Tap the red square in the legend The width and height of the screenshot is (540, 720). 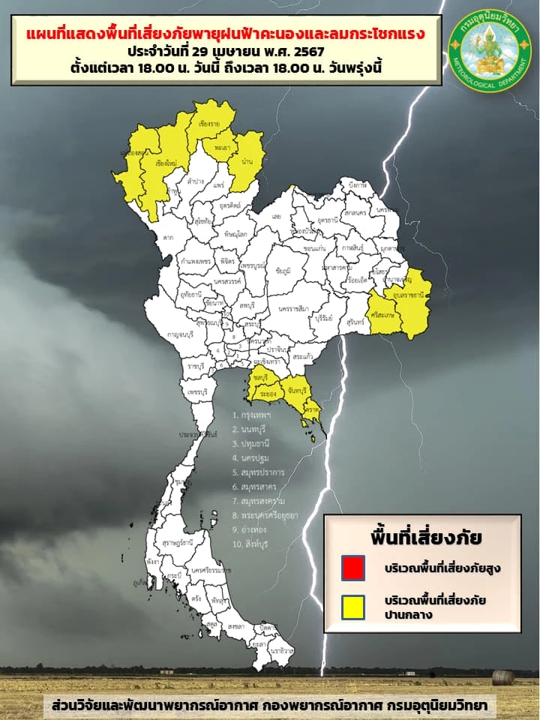(352, 568)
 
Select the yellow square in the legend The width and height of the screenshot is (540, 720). (352, 607)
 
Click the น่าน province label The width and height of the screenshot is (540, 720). (247, 161)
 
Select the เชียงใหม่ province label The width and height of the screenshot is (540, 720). (166, 163)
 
